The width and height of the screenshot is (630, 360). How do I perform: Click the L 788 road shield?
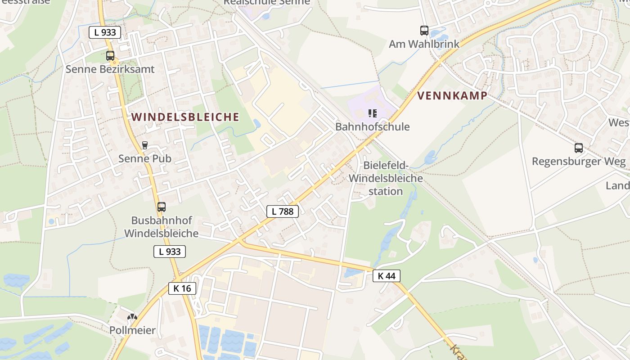coord(283,211)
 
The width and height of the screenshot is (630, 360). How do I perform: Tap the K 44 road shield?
coord(386,276)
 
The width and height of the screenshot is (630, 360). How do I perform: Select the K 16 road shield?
coord(182,288)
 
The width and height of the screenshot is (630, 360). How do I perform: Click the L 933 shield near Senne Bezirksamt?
coord(105,32)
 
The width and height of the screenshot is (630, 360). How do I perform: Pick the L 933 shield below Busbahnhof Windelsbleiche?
coord(170,252)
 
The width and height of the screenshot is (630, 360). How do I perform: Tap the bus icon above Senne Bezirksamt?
coord(110,56)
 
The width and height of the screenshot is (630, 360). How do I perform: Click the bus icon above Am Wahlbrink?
coord(424,31)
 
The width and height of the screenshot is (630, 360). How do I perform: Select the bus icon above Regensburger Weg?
coord(578,148)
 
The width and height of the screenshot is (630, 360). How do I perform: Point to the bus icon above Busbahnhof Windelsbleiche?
coord(161,207)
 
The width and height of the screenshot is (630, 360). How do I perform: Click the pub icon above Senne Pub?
coord(144,145)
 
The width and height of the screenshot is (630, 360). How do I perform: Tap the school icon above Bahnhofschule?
coord(372,113)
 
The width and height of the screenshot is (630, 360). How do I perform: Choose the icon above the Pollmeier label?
coord(132,317)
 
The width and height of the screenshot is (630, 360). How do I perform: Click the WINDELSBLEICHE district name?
coord(185,117)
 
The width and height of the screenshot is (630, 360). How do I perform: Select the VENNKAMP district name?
coord(452,95)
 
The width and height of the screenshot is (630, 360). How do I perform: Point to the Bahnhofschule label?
coord(372,126)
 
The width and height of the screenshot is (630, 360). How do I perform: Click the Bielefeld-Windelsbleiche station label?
coord(386,178)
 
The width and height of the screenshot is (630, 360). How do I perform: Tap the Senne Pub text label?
coord(144,158)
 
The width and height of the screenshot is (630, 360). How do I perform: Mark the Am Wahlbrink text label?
coord(424,44)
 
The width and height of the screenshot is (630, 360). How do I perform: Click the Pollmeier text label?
coord(132,330)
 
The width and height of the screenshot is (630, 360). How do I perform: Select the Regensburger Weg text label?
coord(578,161)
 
